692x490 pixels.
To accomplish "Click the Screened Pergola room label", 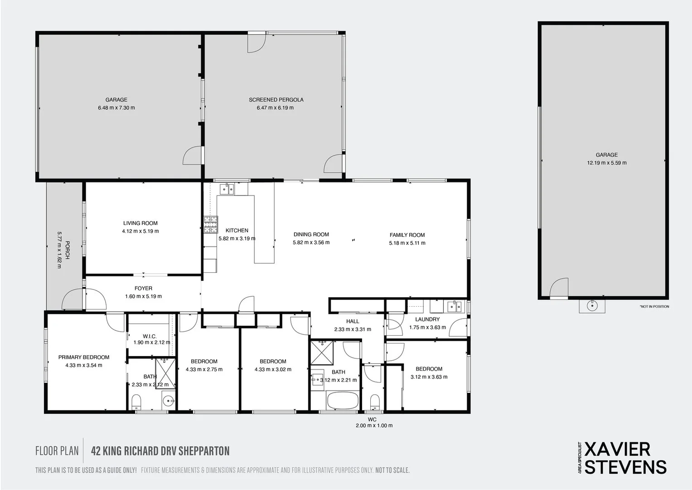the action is click(x=276, y=100).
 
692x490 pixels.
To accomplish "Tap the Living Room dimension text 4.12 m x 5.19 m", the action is click(x=140, y=231).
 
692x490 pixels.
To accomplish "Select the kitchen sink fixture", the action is click(x=227, y=189).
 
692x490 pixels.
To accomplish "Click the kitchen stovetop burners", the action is click(x=211, y=225).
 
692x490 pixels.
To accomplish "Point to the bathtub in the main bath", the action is click(x=343, y=401).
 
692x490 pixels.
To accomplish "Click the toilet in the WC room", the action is click(x=375, y=402).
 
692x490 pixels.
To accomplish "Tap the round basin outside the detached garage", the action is click(x=592, y=306).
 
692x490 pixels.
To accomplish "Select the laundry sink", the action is click(x=454, y=307).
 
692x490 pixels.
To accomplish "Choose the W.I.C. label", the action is click(x=150, y=336).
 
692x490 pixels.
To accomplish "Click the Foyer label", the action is click(x=143, y=288).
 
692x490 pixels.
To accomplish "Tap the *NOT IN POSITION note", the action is click(x=654, y=307).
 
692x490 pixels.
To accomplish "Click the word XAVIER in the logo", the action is click(x=618, y=449).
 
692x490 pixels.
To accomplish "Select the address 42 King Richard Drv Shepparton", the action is click(x=160, y=451).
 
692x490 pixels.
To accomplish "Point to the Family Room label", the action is click(x=407, y=235).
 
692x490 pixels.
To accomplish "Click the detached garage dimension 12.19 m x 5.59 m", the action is click(x=607, y=163).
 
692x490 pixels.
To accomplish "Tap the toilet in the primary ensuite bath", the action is click(x=136, y=402).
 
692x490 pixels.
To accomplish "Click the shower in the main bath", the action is click(x=322, y=353).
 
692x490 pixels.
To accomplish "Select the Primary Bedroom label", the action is click(x=84, y=358).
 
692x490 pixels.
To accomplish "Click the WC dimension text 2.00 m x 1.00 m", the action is click(x=374, y=426).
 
